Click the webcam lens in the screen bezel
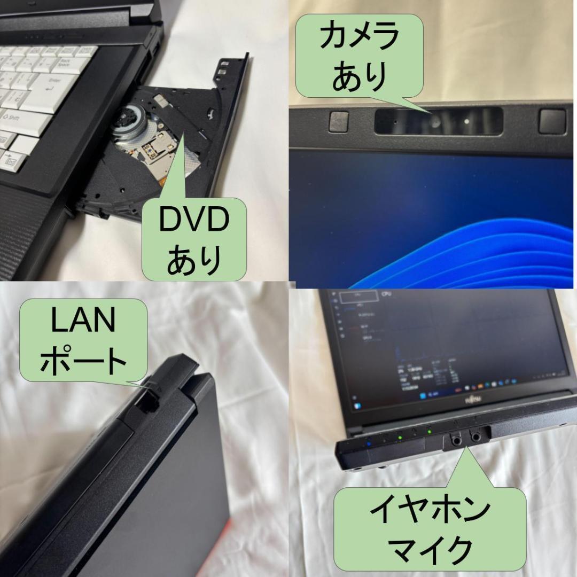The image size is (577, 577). (436, 123)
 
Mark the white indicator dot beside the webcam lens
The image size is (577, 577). (467, 121)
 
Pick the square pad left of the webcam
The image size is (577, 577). (339, 121)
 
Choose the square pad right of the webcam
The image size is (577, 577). (551, 121)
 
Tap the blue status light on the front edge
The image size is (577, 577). (368, 443)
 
